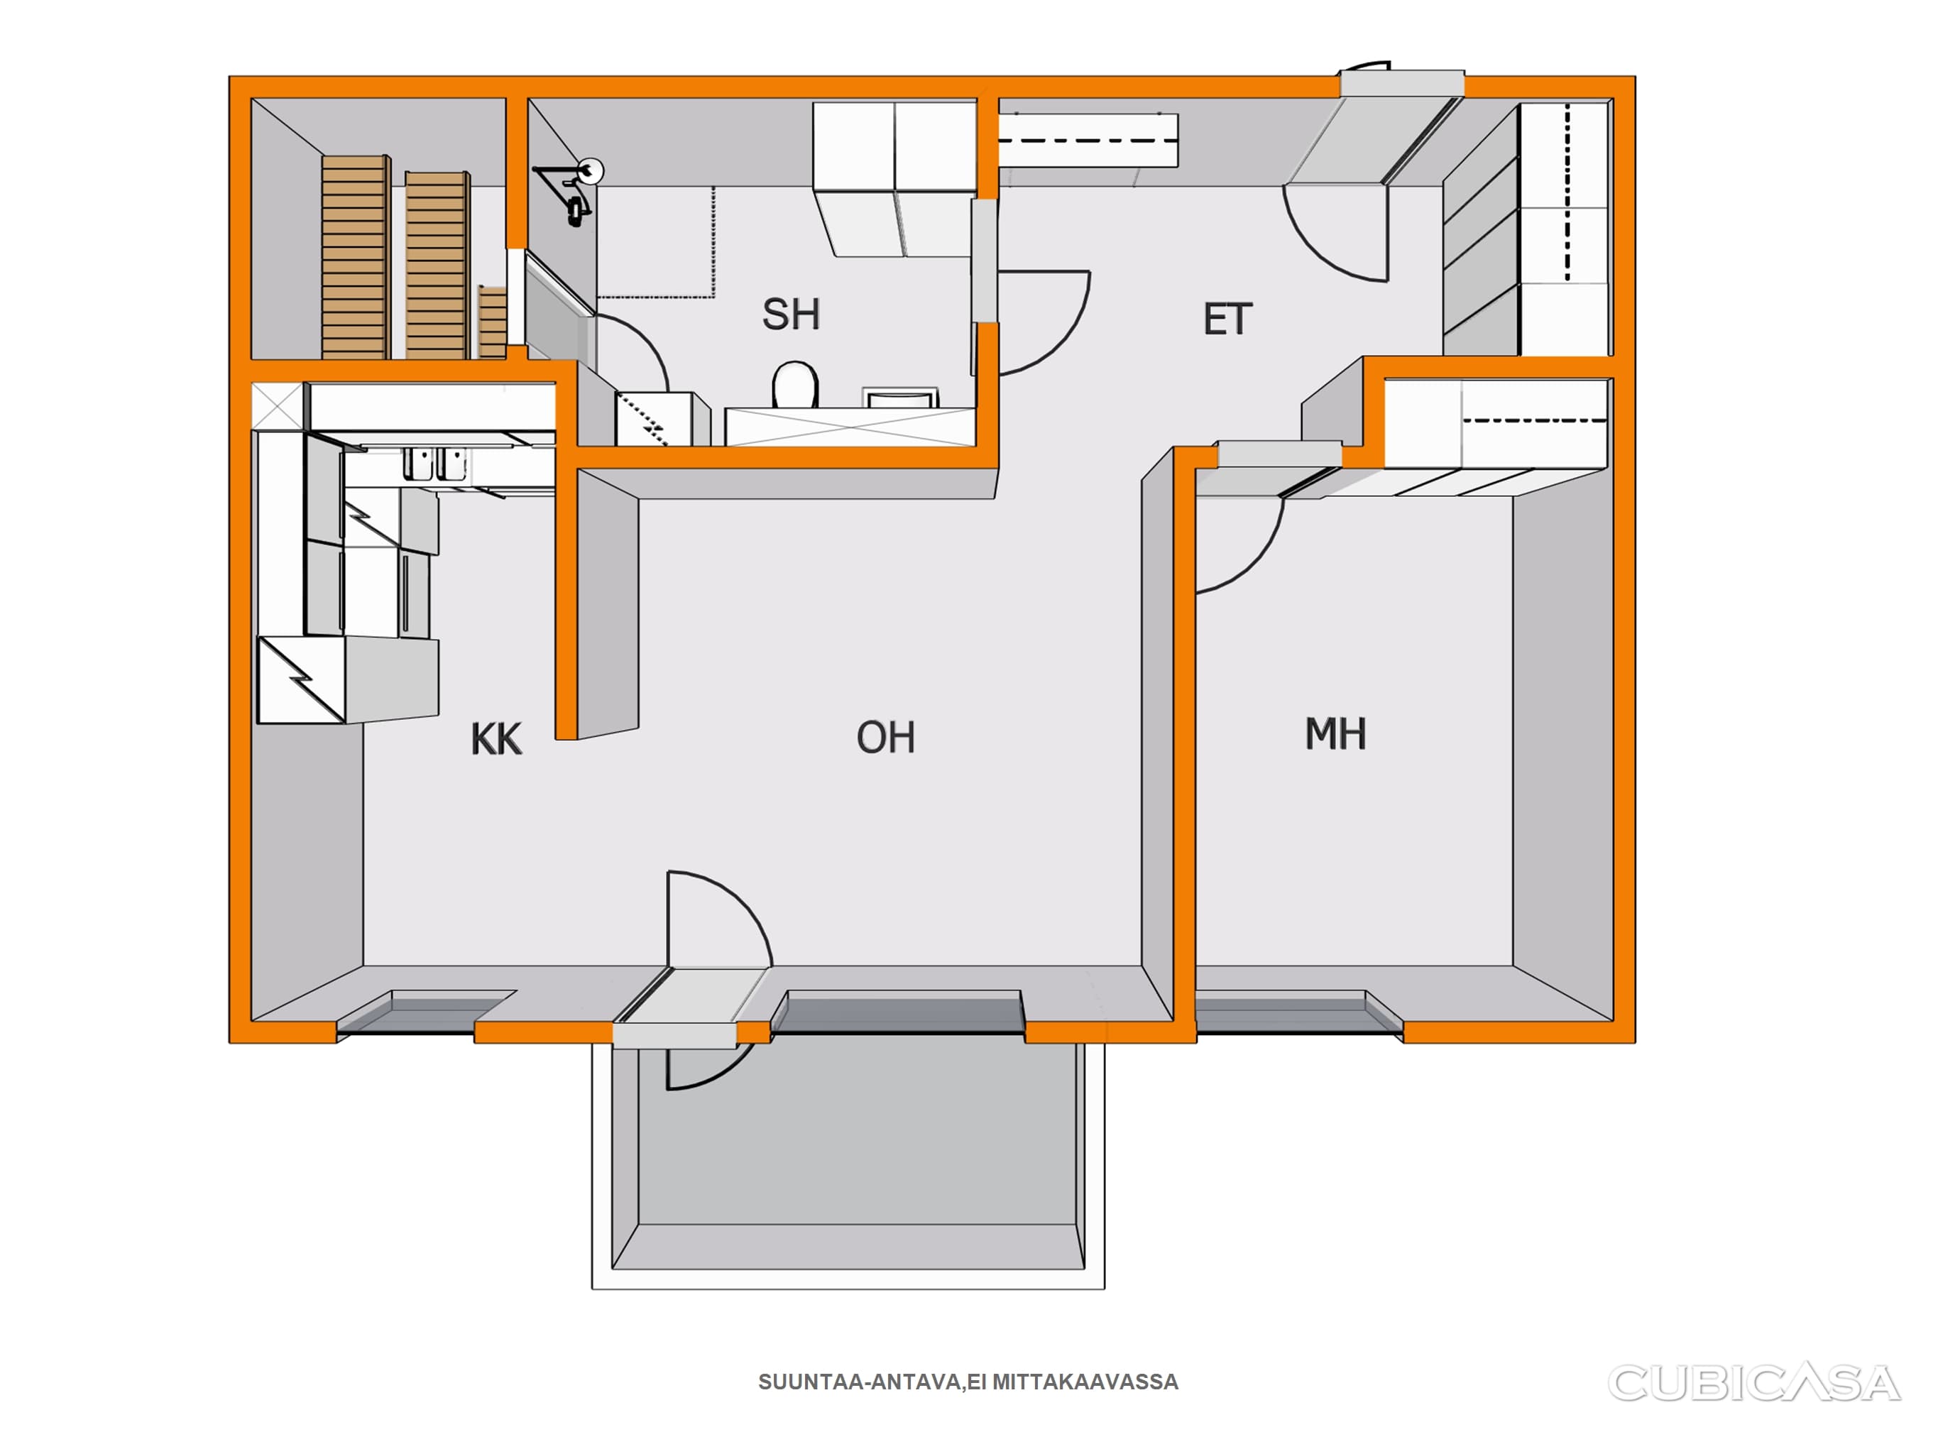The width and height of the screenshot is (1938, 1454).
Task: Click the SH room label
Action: (790, 315)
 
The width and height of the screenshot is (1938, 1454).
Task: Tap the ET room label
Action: (1227, 320)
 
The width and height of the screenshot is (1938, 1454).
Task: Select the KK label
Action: (496, 739)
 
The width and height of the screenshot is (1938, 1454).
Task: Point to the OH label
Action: (886, 738)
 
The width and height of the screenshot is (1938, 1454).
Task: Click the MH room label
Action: (1335, 734)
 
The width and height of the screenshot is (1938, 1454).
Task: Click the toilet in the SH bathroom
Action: (794, 385)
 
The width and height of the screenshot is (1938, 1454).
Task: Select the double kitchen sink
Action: (435, 464)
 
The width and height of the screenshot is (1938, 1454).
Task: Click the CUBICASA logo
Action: (1754, 1384)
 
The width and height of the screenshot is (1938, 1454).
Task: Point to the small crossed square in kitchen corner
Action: (278, 406)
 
